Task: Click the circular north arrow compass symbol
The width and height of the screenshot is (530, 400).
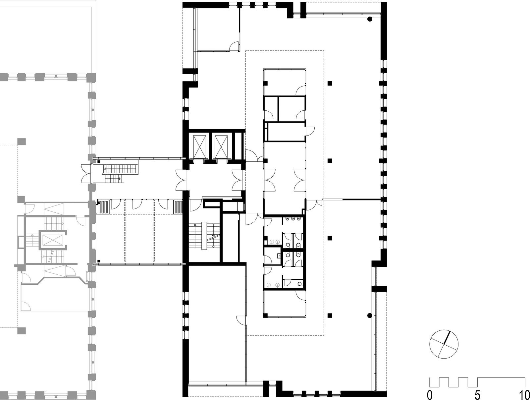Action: click(x=444, y=344)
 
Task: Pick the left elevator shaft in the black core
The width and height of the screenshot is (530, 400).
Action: click(x=199, y=146)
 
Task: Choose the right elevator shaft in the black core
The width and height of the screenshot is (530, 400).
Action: click(x=221, y=146)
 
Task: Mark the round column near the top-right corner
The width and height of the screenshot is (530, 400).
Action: click(x=370, y=19)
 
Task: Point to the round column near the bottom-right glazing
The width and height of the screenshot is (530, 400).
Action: click(x=369, y=315)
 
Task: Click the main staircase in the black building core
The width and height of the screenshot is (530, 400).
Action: click(x=204, y=236)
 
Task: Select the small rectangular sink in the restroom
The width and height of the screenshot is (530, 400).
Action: click(x=279, y=255)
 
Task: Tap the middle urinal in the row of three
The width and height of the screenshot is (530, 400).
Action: click(x=292, y=219)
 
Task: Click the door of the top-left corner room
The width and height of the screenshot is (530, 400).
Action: click(x=234, y=46)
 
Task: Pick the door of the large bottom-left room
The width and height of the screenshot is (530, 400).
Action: click(x=241, y=319)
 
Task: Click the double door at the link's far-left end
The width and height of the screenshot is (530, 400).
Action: click(x=86, y=173)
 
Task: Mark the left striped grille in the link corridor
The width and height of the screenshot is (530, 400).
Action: click(x=105, y=207)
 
